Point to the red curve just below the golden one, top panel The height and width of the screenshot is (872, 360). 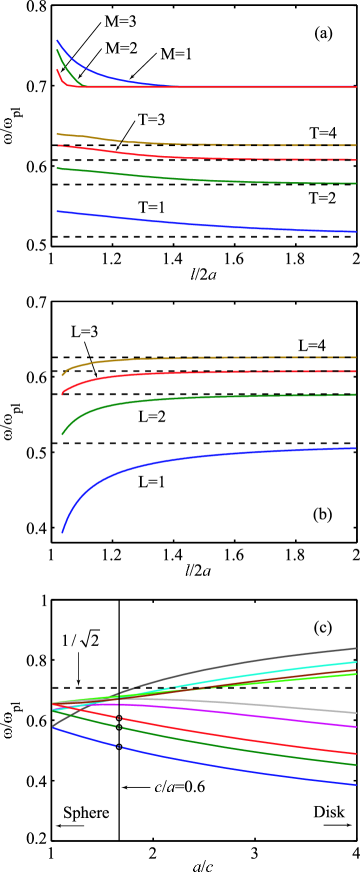[150, 155]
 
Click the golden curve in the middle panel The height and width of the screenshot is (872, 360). [150, 358]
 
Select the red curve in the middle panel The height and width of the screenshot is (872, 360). [150, 374]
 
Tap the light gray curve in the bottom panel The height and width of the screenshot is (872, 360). [300, 708]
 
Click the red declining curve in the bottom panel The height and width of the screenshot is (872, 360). [300, 745]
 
